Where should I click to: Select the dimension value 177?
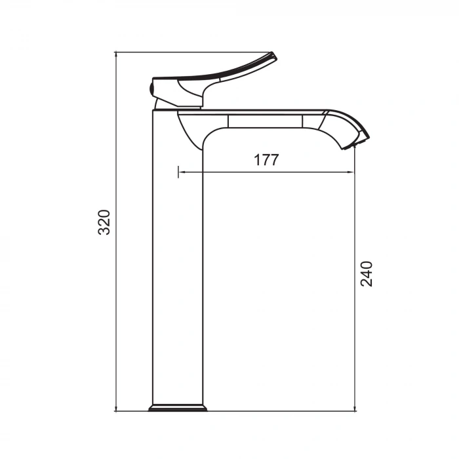266,160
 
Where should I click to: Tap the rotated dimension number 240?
367,273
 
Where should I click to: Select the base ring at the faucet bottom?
178,408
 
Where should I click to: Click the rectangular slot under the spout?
266,121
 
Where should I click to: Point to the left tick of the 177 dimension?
178,172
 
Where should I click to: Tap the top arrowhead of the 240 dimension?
355,150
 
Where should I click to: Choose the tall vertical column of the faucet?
177,262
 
